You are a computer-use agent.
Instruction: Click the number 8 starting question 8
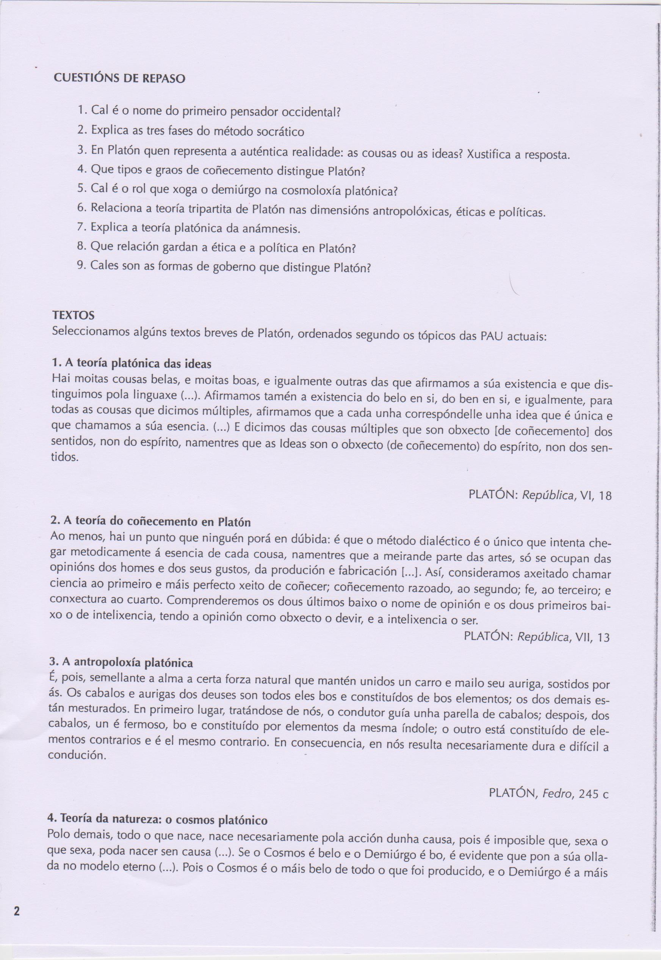click(81, 247)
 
